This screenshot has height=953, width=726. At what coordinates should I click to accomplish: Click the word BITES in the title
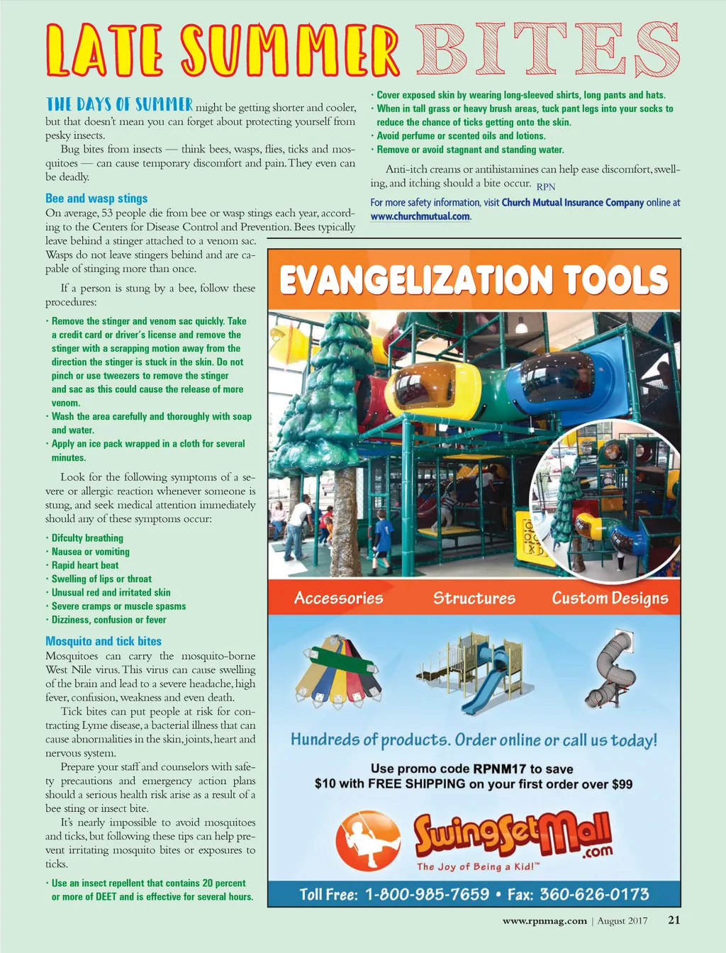click(547, 49)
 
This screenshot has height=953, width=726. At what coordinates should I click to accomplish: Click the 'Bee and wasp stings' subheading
click(96, 199)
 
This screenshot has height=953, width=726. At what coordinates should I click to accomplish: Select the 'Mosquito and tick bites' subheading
click(104, 641)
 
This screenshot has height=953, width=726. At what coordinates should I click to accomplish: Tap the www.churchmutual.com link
click(420, 216)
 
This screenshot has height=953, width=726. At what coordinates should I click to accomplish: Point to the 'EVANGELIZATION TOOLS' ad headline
click(474, 279)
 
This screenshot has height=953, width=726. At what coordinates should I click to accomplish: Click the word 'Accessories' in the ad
click(338, 598)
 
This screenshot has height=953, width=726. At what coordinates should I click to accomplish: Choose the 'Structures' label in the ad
click(474, 598)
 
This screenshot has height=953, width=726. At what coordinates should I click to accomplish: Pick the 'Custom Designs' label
click(610, 598)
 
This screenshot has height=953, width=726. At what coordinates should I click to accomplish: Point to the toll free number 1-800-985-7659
click(427, 894)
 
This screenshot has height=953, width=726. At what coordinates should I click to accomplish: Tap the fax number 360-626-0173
click(594, 894)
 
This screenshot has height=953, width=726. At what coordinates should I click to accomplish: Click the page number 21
click(674, 920)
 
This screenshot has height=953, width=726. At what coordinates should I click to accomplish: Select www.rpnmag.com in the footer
click(544, 921)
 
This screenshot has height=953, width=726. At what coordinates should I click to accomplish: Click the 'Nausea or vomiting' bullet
click(90, 552)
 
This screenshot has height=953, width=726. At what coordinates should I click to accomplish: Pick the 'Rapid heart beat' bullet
click(85, 565)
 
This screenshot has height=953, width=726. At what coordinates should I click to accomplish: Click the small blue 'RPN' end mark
click(546, 187)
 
